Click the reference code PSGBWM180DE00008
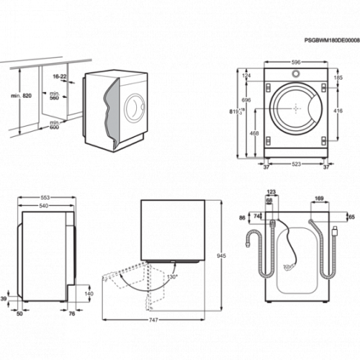[x=332, y=40]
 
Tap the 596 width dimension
[x=296, y=63]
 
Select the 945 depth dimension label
[x=221, y=256]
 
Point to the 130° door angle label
[x=172, y=277]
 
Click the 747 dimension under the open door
[x=153, y=320]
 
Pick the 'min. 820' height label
[x=21, y=96]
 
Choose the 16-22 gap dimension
[x=60, y=76]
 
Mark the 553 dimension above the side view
[x=45, y=198]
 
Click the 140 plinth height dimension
[x=89, y=294]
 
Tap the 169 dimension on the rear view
[x=319, y=199]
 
